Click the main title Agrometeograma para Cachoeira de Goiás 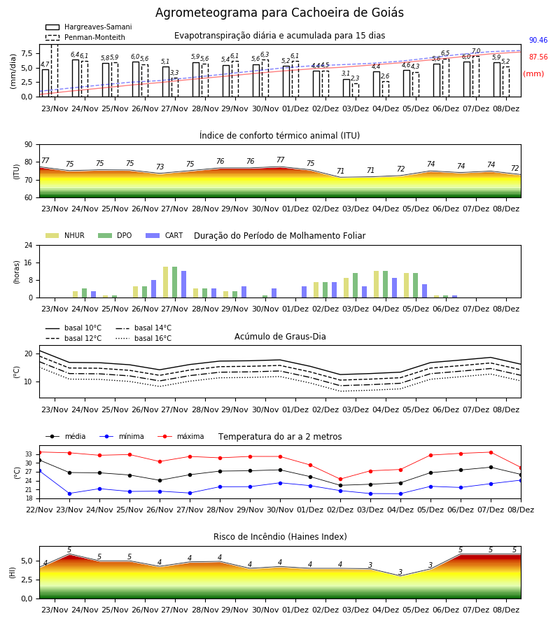[x=279, y=13]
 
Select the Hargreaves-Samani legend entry [x=88, y=27]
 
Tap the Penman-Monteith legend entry [x=85, y=37]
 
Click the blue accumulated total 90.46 [x=538, y=40]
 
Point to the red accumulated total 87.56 [x=538, y=57]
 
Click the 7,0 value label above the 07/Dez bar [x=476, y=51]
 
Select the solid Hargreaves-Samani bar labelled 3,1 [x=346, y=88]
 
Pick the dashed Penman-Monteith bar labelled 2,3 [x=356, y=90]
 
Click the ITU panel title [x=279, y=135]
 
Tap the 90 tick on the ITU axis [x=29, y=145]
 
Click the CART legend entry [x=164, y=235]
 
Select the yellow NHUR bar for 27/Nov [x=165, y=282]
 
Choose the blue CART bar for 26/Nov [x=153, y=289]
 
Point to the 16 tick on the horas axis [x=29, y=262]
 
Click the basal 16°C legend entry [x=143, y=338]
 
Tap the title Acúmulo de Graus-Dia [x=280, y=336]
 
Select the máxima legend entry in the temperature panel [x=181, y=436]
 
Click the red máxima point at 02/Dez [x=341, y=479]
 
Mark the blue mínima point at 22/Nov [x=39, y=470]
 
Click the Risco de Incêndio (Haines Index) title [x=280, y=537]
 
